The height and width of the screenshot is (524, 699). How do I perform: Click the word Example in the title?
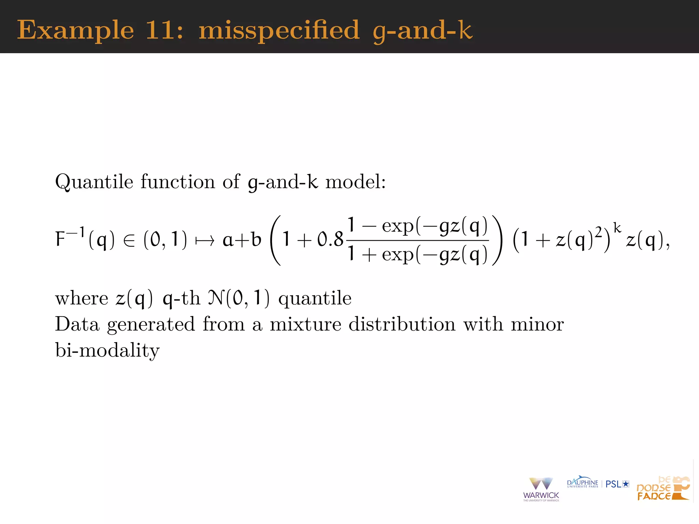click(75, 31)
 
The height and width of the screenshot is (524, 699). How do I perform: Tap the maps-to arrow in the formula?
click(204, 241)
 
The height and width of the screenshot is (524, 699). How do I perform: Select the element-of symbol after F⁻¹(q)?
click(129, 241)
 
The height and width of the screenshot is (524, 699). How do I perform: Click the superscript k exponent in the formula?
click(617, 228)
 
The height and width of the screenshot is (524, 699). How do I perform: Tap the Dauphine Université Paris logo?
click(582, 483)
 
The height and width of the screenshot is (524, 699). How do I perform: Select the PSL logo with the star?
click(617, 484)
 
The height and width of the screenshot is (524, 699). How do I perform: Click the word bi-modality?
click(107, 350)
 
